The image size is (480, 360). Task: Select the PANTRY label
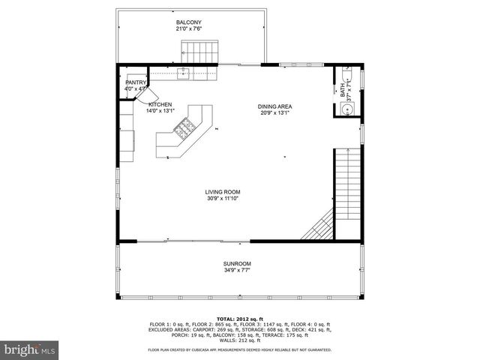[x=136, y=82]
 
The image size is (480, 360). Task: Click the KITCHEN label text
[x=160, y=104]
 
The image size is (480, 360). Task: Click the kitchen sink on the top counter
[x=183, y=72]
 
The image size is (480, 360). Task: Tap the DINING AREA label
[x=275, y=106]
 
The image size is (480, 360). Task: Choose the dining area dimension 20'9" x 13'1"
[x=275, y=113]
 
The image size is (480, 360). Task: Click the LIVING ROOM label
[x=223, y=192]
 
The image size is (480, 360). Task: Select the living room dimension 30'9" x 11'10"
[x=223, y=199]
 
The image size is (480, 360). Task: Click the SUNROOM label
[x=236, y=264]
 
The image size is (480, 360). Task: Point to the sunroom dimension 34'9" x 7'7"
[x=236, y=271]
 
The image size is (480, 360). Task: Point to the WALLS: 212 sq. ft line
[x=240, y=342]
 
